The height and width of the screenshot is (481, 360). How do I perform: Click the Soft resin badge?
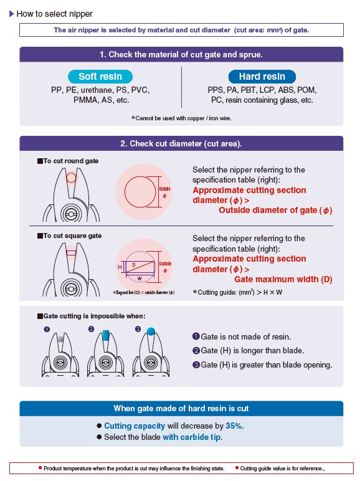point(100,77)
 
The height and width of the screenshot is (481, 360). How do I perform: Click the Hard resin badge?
point(262,77)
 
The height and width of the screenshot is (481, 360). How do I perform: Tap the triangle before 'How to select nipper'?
point(12,14)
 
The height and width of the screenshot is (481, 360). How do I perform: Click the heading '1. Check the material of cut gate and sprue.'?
point(181,55)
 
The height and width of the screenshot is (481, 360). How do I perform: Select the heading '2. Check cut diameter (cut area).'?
point(181,143)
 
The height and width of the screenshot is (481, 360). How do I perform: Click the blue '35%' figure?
point(234,426)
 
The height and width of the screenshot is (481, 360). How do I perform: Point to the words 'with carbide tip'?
point(192,437)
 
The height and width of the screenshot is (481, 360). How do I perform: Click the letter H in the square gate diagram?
point(120,267)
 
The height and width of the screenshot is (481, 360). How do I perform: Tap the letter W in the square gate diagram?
point(140,279)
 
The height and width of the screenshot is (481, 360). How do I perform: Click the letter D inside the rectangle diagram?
point(134,265)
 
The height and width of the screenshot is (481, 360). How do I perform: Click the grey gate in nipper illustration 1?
point(60,339)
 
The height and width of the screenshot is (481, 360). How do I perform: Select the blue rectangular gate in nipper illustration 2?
point(105,335)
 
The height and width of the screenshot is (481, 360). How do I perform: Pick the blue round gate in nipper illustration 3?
point(151,331)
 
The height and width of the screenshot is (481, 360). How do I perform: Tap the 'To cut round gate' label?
point(68,161)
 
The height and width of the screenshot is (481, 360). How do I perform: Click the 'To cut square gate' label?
point(69,236)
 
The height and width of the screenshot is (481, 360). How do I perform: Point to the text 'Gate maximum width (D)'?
point(283,279)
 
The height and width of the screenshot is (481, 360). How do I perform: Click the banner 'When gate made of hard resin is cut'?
point(181,408)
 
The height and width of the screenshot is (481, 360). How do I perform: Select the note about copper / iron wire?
point(181,118)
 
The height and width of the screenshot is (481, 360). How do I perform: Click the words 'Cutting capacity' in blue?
point(135,426)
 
